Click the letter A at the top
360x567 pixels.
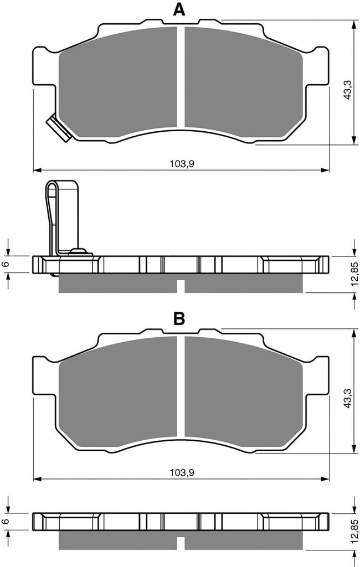tap(179, 9)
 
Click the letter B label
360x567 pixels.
tap(179, 318)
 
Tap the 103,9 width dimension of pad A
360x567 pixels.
tap(182, 164)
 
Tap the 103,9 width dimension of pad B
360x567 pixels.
tap(182, 472)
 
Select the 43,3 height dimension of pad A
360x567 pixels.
tap(347, 89)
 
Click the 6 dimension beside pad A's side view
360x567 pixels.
tap(5, 264)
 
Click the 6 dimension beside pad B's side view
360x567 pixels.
tap(5, 522)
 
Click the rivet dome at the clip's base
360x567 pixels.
tap(78, 250)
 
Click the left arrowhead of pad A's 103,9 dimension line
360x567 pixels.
tap(37, 169)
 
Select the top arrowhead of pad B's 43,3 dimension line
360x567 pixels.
tap(353, 332)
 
